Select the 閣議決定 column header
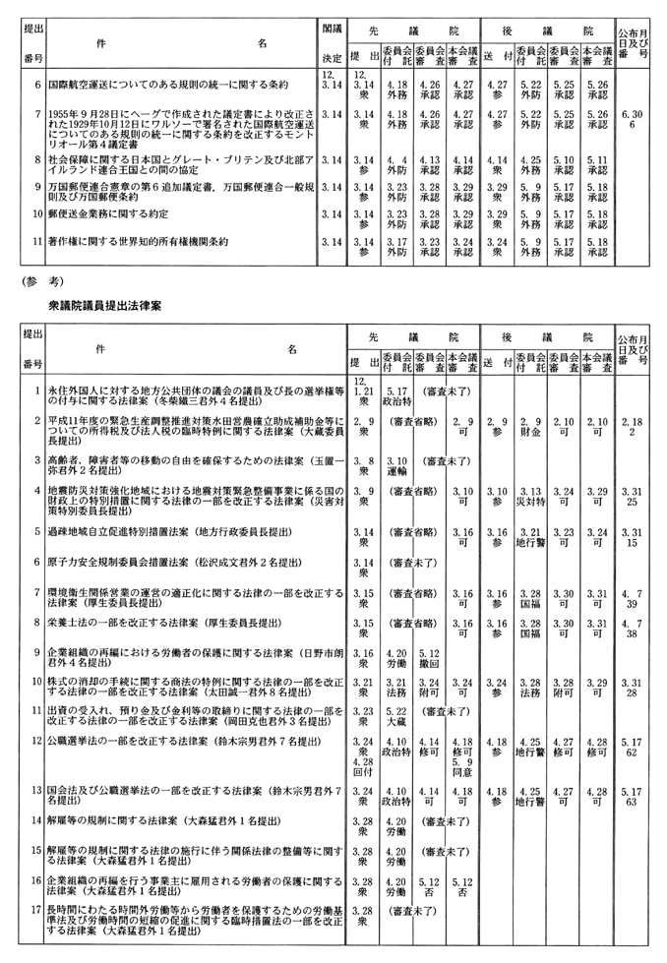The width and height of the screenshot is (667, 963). [333, 44]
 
